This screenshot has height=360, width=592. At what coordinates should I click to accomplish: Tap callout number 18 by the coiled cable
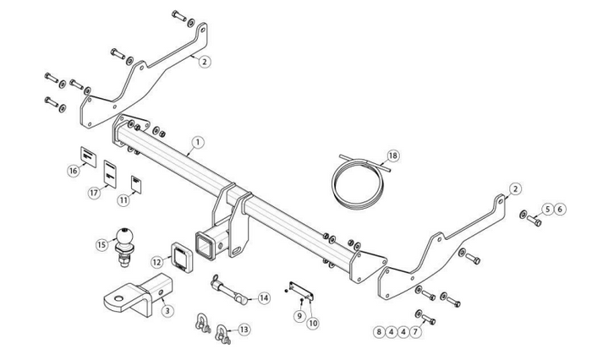[x=392, y=155]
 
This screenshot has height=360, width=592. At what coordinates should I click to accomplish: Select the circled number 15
[x=102, y=245]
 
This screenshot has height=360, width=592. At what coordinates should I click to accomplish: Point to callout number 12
[x=156, y=264]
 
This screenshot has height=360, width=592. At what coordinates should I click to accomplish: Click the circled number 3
[x=167, y=311]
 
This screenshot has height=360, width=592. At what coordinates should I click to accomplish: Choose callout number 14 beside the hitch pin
[x=264, y=297]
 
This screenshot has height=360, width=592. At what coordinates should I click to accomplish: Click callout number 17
[x=94, y=193]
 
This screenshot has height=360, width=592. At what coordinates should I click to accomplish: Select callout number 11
[x=123, y=199]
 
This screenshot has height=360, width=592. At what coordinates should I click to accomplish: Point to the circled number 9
[x=299, y=315]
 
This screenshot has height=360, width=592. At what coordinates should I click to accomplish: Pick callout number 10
[x=313, y=323]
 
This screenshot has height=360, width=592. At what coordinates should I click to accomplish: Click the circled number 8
[x=379, y=332]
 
